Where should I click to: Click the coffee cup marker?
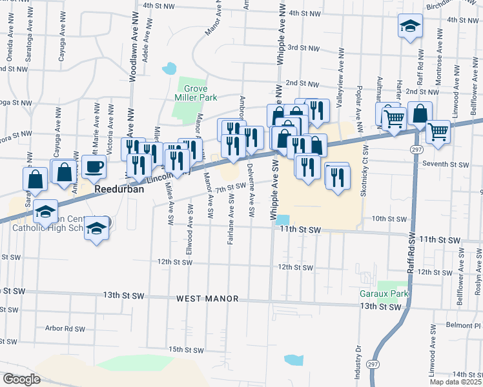tap(94, 166)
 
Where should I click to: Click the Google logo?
tap(21, 379)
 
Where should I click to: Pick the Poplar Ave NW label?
tap(357, 99)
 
